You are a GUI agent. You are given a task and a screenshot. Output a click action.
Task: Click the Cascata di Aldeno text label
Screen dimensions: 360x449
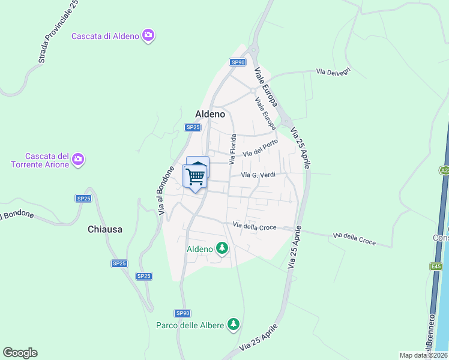coord(105,36)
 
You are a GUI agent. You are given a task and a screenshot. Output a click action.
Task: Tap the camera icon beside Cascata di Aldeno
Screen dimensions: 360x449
coord(148,36)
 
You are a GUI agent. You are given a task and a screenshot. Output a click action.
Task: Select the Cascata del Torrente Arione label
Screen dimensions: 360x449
coord(39,160)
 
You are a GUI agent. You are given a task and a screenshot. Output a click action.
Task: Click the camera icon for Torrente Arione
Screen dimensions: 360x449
coord(78,160)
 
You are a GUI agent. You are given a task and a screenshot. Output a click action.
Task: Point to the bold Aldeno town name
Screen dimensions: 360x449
coord(210,113)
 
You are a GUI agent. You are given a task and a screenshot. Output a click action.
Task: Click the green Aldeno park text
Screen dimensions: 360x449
coord(200,249)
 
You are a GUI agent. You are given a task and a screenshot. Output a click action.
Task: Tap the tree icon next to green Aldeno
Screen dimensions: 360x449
coord(222,248)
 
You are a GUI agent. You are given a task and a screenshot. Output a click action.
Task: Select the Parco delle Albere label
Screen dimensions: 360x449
coord(190,325)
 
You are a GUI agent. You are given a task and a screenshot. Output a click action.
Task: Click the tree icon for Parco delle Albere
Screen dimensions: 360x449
coord(234,325)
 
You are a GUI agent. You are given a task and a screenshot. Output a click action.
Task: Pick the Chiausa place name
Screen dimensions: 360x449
coord(105,229)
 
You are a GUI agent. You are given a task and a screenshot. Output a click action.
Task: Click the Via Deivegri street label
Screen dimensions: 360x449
coord(333,72)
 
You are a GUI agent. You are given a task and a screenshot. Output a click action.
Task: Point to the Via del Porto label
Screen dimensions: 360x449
coord(261,152)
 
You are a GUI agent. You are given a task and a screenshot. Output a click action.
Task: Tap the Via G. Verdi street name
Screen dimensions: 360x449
coord(258,175)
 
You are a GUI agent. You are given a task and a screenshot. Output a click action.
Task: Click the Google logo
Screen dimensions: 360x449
coord(20,353)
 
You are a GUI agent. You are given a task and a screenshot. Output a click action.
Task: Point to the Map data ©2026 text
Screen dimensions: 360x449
coord(423,355)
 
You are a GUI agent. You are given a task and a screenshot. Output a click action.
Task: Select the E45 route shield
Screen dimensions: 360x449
coord(435,266)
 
